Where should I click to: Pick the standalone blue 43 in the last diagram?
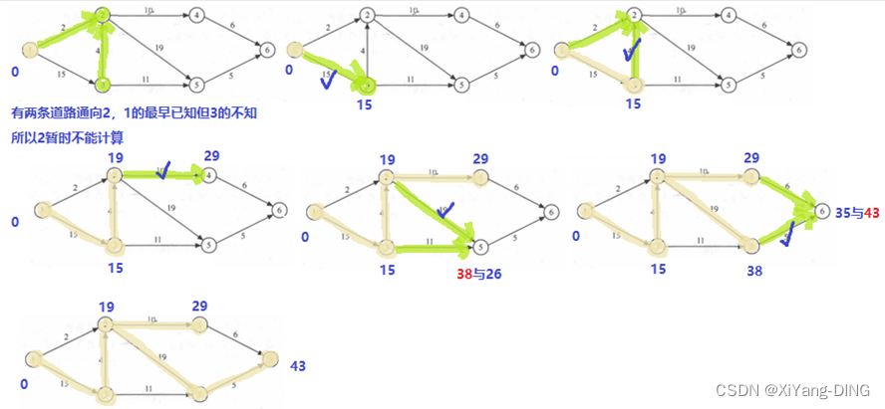pos(298,366)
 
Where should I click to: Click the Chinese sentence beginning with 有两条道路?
pos(133,115)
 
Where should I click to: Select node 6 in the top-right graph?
pos(798,48)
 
